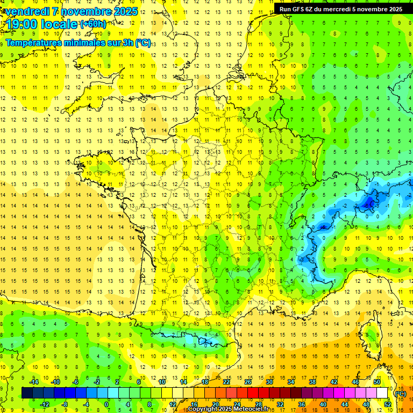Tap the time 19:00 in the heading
[x=21, y=24]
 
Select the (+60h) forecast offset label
[x=92, y=24]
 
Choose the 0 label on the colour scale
[x=106, y=404]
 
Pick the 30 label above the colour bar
[x=269, y=381]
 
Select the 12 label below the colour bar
[x=173, y=404]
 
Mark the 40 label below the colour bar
[x=323, y=404]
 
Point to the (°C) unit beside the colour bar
[x=400, y=393]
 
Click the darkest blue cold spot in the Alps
[x=369, y=202]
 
